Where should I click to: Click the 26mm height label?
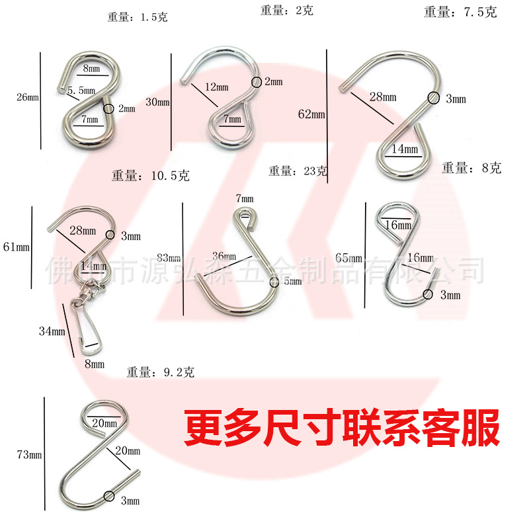click(x=28, y=98)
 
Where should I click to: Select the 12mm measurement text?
click(x=217, y=87)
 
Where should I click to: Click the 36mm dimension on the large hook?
click(x=224, y=256)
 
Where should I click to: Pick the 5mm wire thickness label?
click(x=292, y=282)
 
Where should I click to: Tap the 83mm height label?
click(x=169, y=257)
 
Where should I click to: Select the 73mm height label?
click(x=29, y=454)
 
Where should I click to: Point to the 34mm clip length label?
click(x=51, y=331)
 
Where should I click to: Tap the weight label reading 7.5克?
click(x=461, y=13)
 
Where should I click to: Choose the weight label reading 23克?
click(x=298, y=171)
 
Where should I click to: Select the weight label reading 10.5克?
click(x=151, y=176)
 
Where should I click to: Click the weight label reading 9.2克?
click(x=161, y=373)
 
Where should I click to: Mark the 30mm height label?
click(x=157, y=102)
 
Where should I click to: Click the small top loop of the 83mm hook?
click(x=244, y=215)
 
